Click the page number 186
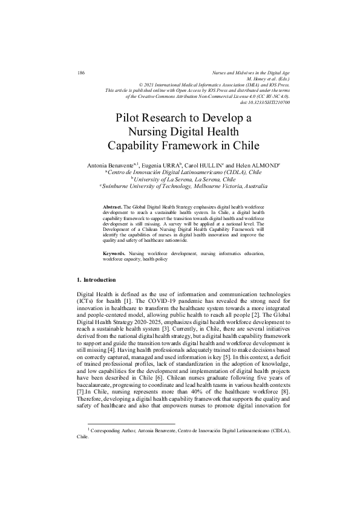pos(81,73)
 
